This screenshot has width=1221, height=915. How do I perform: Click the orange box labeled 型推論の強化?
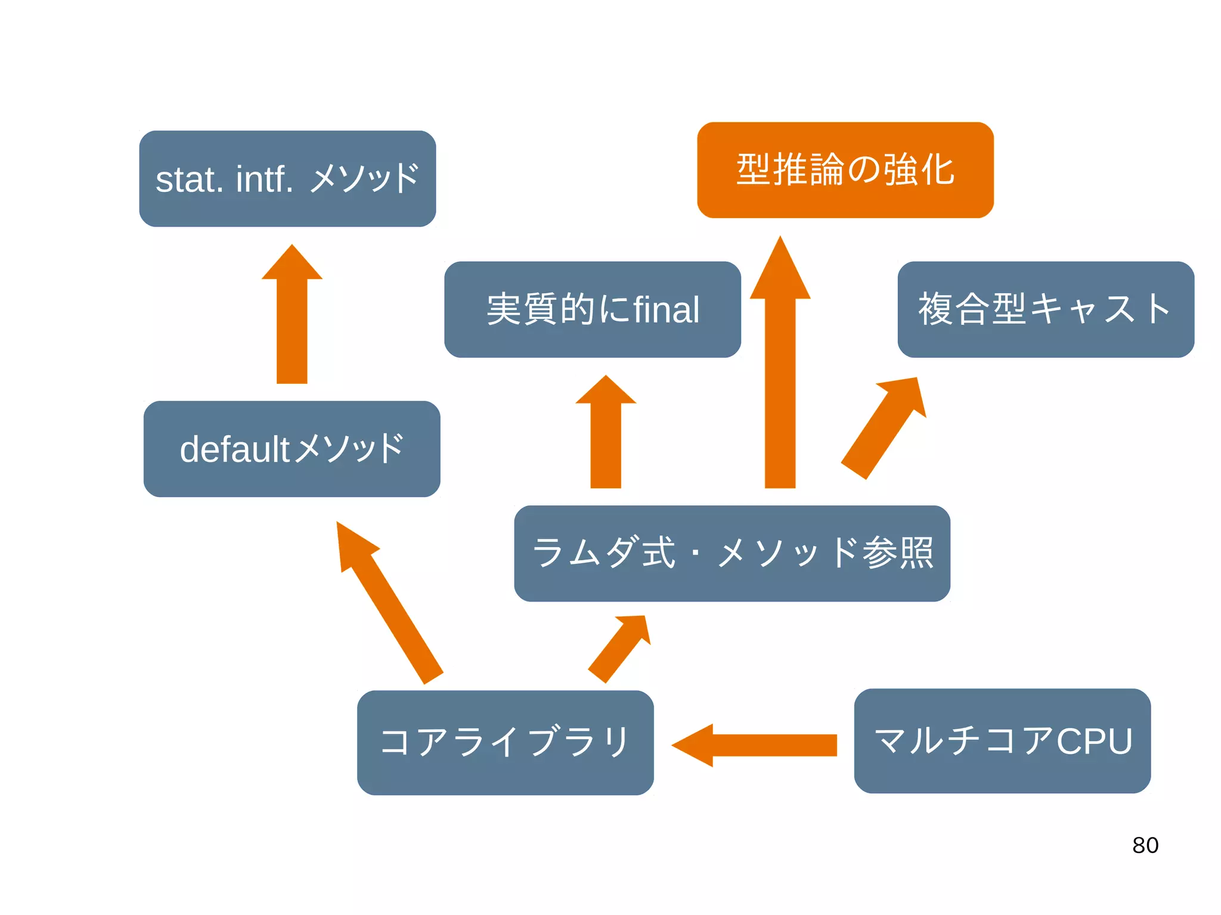click(x=845, y=170)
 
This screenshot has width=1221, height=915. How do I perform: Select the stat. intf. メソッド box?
click(x=287, y=179)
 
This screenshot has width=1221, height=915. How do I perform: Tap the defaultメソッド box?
click(x=292, y=449)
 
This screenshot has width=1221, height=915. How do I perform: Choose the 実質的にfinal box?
click(x=592, y=309)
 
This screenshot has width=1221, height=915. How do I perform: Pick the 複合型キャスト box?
click(x=1045, y=309)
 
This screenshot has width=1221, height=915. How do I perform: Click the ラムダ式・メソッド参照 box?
click(x=732, y=553)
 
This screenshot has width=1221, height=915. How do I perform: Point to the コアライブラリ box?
click(x=505, y=742)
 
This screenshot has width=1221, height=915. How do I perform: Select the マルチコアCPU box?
click(x=1002, y=741)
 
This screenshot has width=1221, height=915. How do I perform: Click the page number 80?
click(x=1145, y=845)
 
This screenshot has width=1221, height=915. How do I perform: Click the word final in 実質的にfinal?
click(x=666, y=309)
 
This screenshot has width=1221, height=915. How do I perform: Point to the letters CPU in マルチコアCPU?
click(x=1094, y=741)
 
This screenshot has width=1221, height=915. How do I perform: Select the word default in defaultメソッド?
click(x=234, y=449)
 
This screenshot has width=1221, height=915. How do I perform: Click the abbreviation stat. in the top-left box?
click(x=189, y=179)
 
